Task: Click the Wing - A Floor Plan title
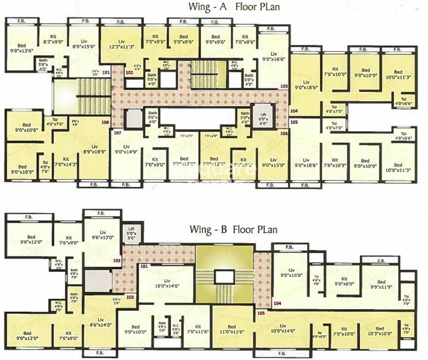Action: coord(234,7)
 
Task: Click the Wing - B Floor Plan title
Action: coord(233,230)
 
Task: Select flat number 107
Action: coord(118,133)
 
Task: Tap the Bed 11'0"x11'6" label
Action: coord(231,329)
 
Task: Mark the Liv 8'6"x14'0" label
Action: coord(100,322)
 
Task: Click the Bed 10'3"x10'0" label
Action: coord(379,331)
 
